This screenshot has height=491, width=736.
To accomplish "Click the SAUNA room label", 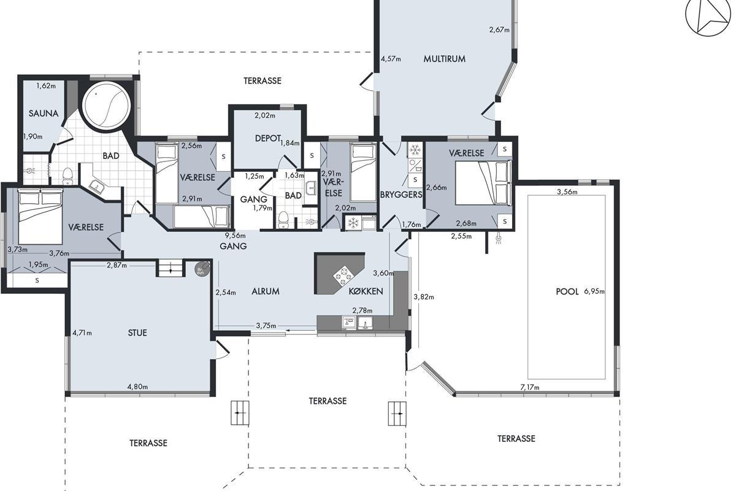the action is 44,114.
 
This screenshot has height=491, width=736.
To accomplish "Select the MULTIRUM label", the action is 444,59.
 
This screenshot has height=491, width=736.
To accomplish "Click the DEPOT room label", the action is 268,139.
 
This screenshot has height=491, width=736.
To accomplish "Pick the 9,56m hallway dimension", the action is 236,236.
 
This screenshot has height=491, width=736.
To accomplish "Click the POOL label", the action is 567,292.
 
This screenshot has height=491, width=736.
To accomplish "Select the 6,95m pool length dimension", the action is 594,292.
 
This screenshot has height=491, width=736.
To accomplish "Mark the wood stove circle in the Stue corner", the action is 201,269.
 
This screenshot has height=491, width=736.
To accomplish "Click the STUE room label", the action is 137,333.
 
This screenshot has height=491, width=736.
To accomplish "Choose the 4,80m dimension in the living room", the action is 137,387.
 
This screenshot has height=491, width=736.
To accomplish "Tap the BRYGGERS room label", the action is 401,195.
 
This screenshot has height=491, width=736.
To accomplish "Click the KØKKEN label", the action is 366,291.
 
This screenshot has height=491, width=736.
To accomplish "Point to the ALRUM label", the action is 266,292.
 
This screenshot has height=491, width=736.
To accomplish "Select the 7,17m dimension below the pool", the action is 530,387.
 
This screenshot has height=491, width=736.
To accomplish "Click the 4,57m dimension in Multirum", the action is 391,59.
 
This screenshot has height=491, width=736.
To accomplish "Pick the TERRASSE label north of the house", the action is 263,81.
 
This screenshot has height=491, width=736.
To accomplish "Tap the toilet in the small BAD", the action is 283,219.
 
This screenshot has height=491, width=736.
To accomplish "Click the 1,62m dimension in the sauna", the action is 46,86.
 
